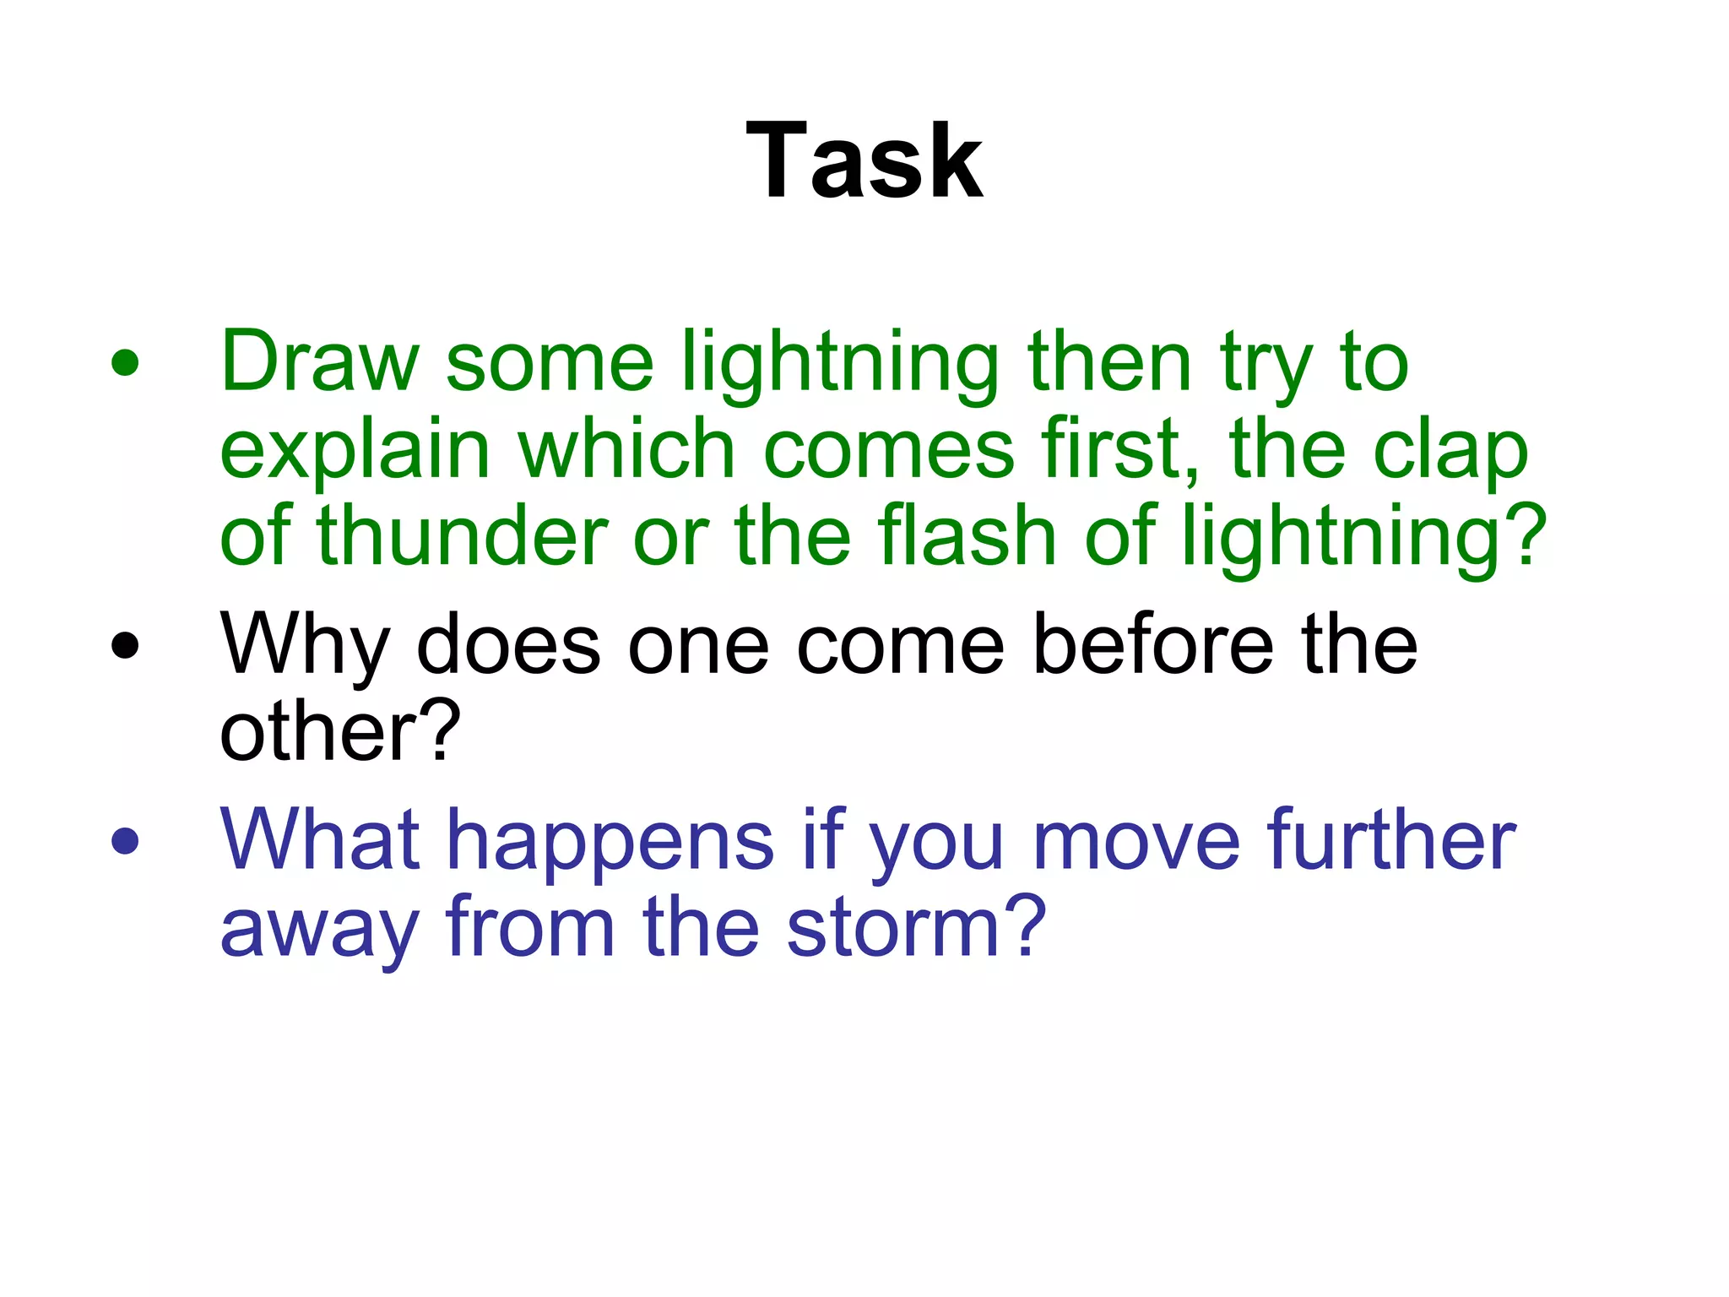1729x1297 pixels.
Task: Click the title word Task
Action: tap(864, 160)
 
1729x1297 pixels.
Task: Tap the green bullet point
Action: tap(125, 363)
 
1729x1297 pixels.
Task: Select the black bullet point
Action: tap(125, 645)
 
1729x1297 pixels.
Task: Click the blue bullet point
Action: tap(125, 840)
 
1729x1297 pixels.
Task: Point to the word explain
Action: tap(355, 452)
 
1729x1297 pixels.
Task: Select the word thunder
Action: tap(463, 535)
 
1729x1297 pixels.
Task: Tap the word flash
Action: tap(967, 535)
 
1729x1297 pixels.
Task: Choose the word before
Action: tap(1153, 645)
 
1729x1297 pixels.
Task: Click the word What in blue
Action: tap(319, 839)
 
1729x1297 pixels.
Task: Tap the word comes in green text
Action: tap(888, 452)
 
